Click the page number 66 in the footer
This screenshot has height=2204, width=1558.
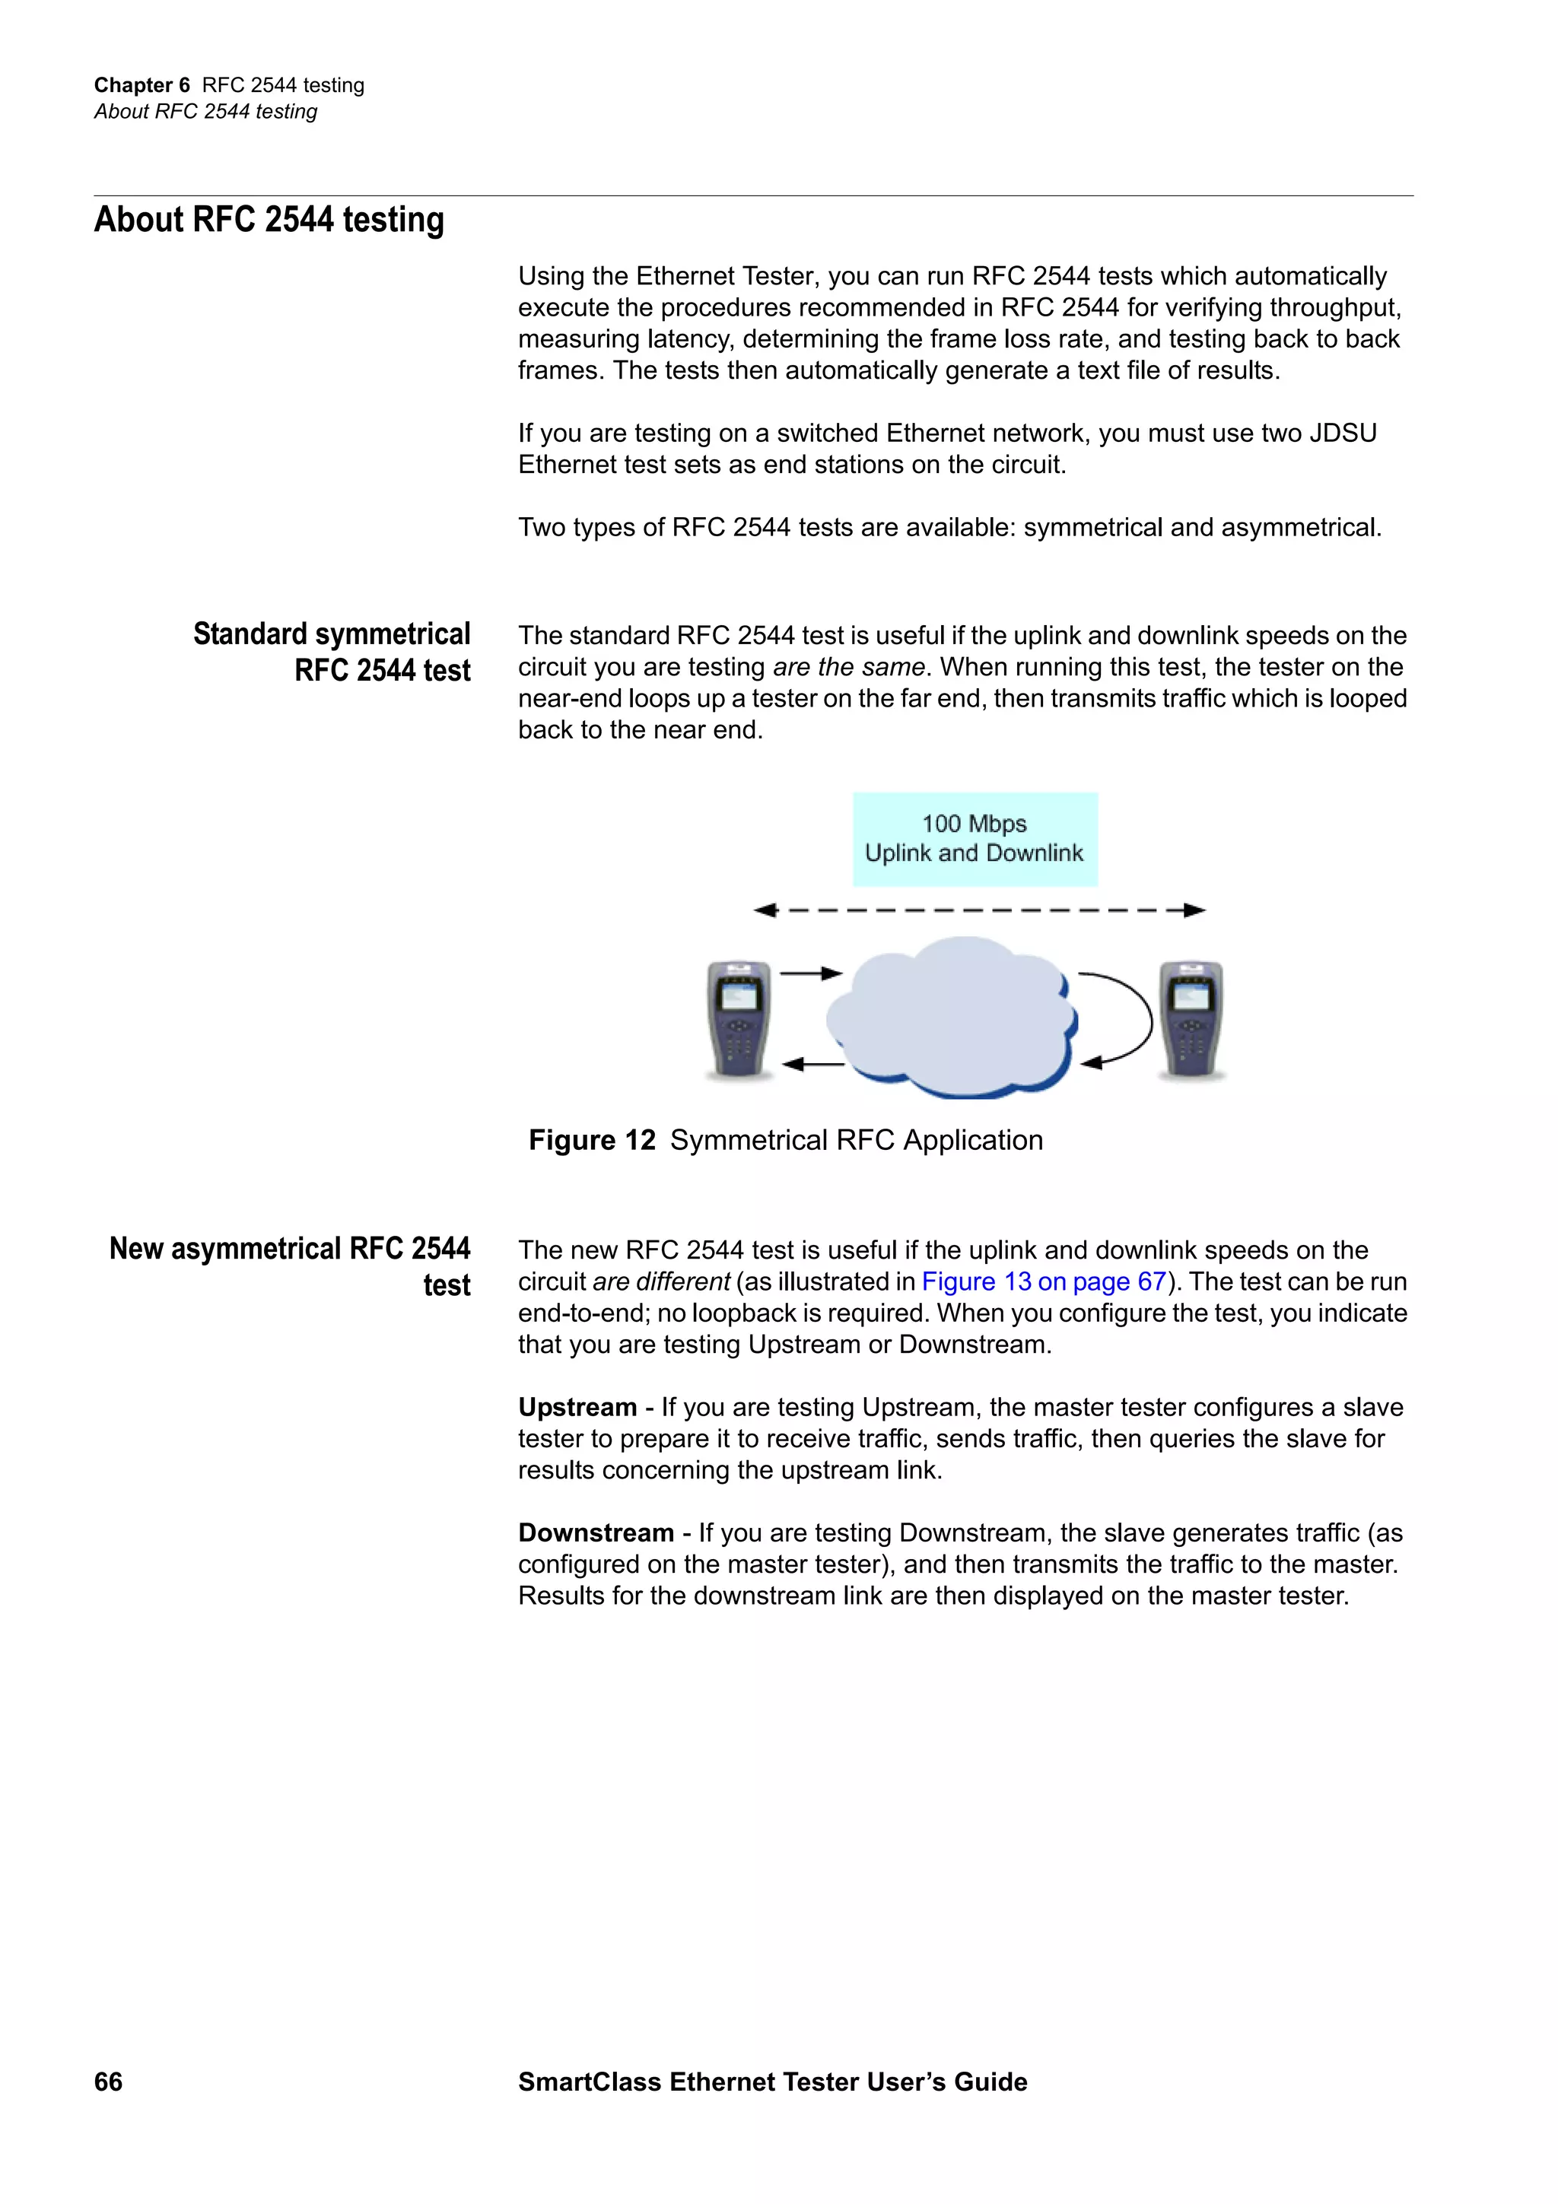tap(109, 2081)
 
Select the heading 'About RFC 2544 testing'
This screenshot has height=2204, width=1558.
tap(269, 220)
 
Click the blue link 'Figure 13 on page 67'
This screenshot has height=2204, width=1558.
tap(1044, 1281)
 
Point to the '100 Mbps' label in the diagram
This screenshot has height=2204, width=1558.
tap(975, 824)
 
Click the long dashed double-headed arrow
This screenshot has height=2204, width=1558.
tap(979, 910)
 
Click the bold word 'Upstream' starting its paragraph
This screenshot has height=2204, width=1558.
tap(577, 1407)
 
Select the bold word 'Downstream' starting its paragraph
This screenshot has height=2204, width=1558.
tap(595, 1533)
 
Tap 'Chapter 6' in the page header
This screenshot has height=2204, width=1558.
tap(142, 85)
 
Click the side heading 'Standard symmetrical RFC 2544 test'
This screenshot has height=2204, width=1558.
tap(332, 652)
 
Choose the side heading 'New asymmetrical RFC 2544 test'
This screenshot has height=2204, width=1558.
tap(290, 1266)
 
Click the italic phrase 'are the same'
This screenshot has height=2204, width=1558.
tap(848, 667)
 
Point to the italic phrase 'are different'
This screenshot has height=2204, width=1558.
tap(661, 1281)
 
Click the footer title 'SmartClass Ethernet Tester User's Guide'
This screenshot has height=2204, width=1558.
tap(773, 2081)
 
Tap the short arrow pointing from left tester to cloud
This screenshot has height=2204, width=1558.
tap(810, 973)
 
